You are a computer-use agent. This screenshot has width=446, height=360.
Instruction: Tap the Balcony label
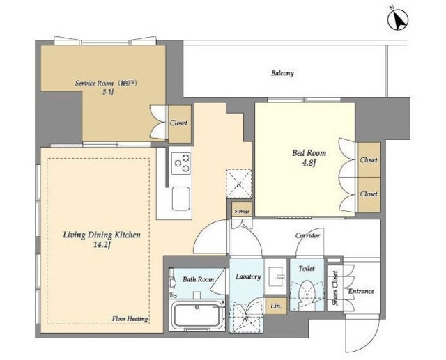(x=282, y=73)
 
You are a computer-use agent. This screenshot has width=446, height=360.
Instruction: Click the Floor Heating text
(x=130, y=319)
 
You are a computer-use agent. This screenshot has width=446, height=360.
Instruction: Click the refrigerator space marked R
(x=238, y=184)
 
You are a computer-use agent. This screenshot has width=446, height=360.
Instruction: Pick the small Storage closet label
(x=241, y=211)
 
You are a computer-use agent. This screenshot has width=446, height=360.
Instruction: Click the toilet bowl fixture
(x=305, y=295)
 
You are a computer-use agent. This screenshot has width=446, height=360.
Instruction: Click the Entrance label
(x=361, y=291)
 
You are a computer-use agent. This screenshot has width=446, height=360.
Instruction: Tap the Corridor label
(x=307, y=236)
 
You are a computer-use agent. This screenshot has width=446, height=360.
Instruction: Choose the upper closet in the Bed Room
(x=369, y=159)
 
